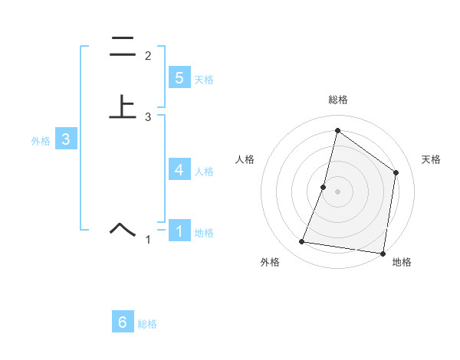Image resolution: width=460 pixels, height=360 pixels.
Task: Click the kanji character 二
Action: coord(123,47)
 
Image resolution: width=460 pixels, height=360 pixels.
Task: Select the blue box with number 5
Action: coord(179,77)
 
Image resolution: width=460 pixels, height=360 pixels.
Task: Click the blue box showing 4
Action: coord(179,169)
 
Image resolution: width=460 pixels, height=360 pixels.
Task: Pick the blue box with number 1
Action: coord(179,231)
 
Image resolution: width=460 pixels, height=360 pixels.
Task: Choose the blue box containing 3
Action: coord(66,139)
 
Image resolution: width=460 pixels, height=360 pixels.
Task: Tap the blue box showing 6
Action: coord(123,322)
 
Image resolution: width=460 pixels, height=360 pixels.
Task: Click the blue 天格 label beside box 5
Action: coord(204,80)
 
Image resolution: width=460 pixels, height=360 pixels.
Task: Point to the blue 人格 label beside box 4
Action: coord(204,172)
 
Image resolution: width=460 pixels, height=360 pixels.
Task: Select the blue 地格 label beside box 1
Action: coord(204,233)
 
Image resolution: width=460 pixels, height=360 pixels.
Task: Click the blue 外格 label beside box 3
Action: coord(41,142)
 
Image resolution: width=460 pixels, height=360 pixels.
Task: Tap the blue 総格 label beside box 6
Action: coord(147,325)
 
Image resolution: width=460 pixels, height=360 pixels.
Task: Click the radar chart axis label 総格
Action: coord(337,100)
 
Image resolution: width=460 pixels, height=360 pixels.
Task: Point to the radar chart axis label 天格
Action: coord(431,159)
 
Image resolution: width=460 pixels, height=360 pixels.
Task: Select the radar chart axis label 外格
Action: coord(270,262)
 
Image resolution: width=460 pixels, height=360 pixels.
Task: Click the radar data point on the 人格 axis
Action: coord(324,187)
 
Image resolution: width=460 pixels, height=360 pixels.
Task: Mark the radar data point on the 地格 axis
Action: coord(383,253)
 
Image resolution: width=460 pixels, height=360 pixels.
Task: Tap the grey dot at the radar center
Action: coord(337,191)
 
